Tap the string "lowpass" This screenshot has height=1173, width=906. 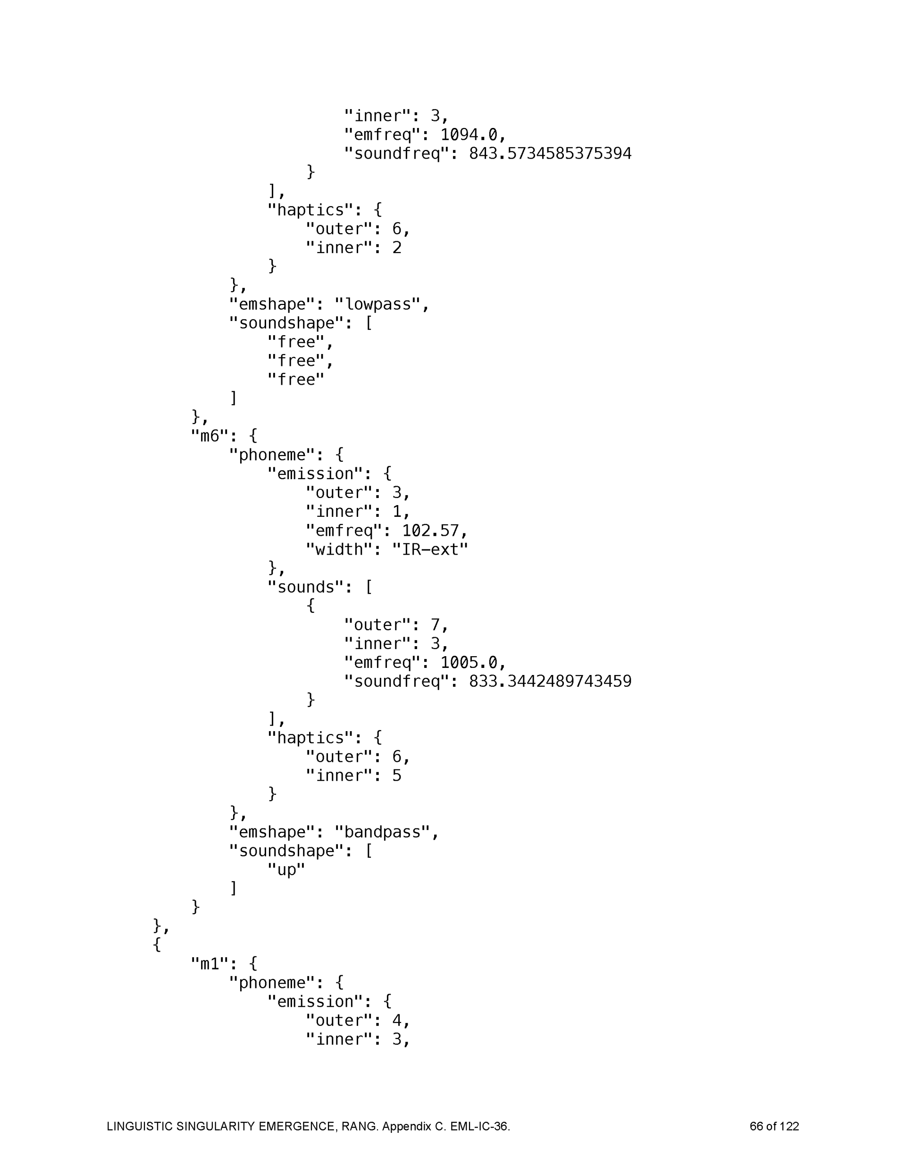(378, 304)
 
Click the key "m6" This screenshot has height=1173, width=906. (210, 436)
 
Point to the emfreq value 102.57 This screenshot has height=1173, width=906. (431, 531)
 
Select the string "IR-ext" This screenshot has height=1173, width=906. (430, 549)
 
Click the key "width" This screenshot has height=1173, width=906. (339, 549)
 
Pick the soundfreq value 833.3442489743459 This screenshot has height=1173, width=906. (550, 681)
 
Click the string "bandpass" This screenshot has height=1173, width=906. (382, 832)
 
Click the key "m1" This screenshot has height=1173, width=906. (210, 963)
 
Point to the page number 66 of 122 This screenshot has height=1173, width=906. (774, 1126)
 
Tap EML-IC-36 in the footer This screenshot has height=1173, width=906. (479, 1126)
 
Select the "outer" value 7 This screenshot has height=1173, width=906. (435, 624)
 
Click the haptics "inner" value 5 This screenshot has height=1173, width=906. (397, 776)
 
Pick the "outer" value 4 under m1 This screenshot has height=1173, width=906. (397, 1021)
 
